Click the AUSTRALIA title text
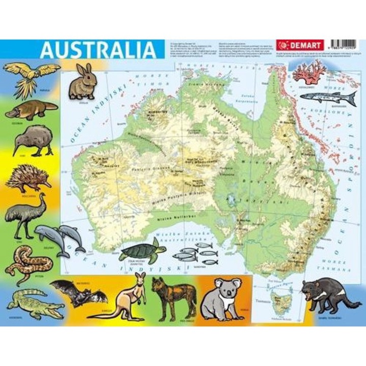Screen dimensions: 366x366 pos(98,50)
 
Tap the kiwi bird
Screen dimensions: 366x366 pos(32,140)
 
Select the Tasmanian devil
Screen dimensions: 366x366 pos(323,295)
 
